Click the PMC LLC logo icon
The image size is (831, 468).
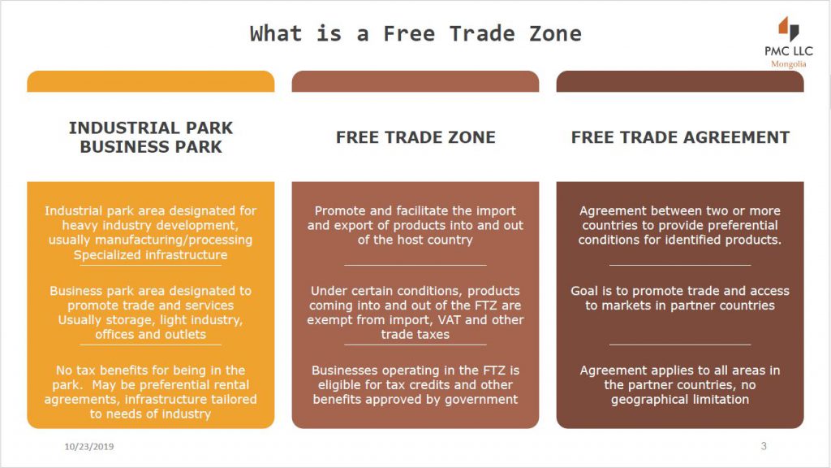[789, 28]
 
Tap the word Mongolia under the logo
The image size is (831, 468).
[789, 64]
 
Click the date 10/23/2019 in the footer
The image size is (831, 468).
[89, 447]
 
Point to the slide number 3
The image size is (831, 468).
[764, 446]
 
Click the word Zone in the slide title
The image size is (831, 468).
[555, 34]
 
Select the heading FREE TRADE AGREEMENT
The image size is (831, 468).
[680, 137]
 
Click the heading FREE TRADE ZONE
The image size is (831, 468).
[415, 137]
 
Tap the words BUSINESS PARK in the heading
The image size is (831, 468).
[151, 147]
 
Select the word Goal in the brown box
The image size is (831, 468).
[584, 291]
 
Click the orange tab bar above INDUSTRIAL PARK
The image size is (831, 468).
[150, 81]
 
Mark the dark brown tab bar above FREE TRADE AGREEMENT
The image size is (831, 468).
[680, 81]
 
